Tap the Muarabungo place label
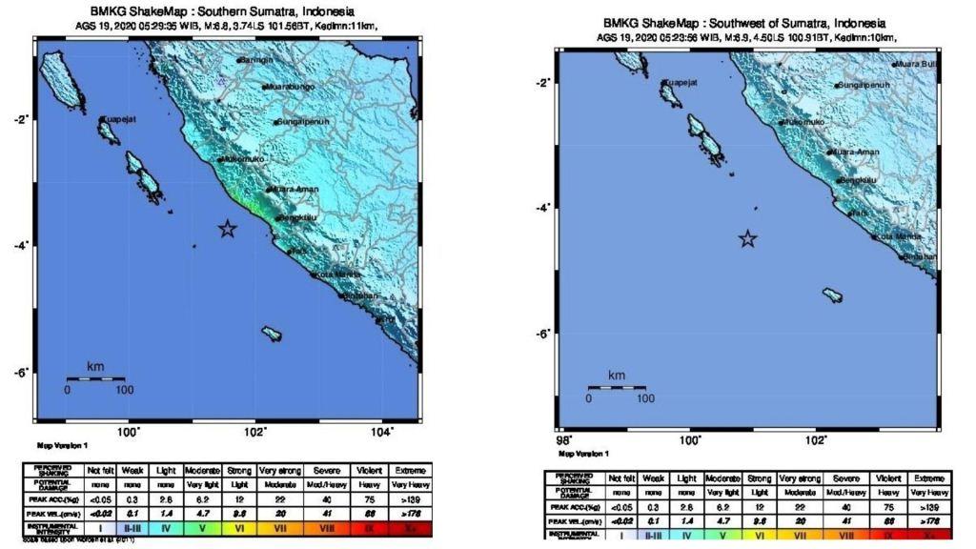coord(289,87)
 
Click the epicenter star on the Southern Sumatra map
coord(227,229)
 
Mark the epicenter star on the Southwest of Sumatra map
coord(748,238)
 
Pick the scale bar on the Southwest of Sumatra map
coord(617,387)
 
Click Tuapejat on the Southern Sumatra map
coord(119,119)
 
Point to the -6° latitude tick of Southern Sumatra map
coord(20,371)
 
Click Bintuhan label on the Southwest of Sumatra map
coord(920,257)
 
